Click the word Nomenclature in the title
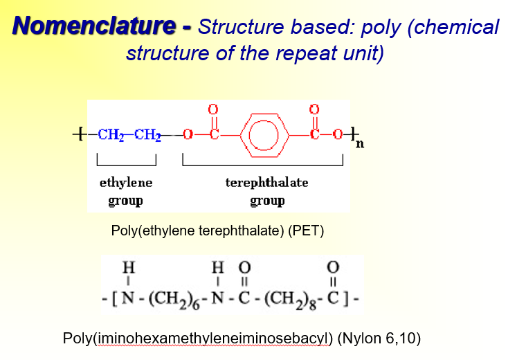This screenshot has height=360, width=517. point(95,26)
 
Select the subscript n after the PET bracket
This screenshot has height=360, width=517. point(360,144)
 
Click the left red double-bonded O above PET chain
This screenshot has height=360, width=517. point(213,109)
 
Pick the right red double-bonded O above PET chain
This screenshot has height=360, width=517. point(314,109)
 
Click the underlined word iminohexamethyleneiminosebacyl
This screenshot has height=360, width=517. point(212,339)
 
